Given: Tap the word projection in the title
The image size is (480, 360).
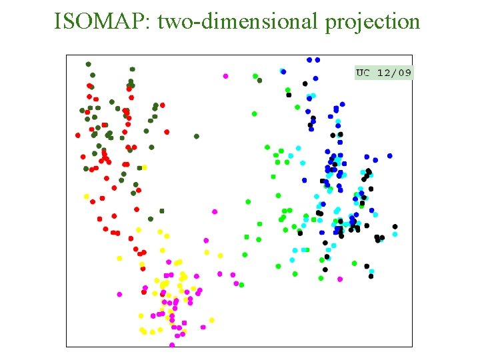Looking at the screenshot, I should click(x=373, y=22).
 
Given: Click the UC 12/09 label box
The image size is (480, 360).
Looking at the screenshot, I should click(x=383, y=72).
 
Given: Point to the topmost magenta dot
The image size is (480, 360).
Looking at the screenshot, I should click(x=225, y=76).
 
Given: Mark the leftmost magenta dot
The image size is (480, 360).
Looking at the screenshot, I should click(x=120, y=294).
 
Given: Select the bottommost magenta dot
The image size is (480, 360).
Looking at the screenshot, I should click(x=172, y=345).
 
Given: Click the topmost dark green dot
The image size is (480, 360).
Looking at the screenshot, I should click(x=88, y=64).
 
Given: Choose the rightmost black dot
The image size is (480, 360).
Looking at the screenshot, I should click(x=395, y=227).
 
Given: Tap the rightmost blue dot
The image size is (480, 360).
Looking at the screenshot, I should click(x=390, y=157).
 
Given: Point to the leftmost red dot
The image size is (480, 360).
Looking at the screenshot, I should click(x=78, y=135).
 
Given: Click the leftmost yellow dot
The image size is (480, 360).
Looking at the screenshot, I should click(x=86, y=196).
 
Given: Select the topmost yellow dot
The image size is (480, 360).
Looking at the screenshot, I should click(x=145, y=167).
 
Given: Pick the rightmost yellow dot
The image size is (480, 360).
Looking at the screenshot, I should click(x=211, y=320).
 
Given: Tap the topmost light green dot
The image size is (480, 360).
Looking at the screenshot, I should click(x=255, y=76).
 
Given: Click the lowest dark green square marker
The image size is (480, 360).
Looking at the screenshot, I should click(x=161, y=211).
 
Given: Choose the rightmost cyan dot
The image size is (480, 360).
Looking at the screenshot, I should click(x=395, y=234).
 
